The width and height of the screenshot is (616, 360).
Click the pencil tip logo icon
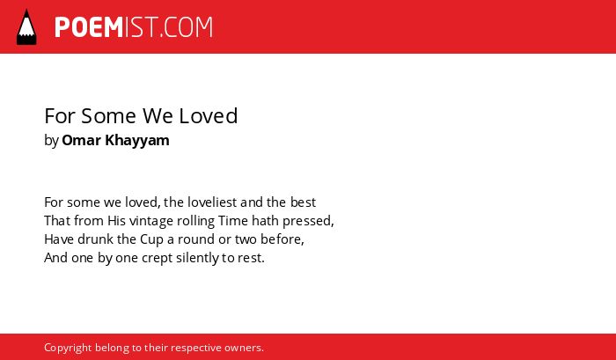pos(26,27)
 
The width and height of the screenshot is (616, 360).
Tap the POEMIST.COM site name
pos(134,27)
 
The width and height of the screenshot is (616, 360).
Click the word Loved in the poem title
pos(209,116)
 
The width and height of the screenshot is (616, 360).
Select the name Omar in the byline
pos(81,140)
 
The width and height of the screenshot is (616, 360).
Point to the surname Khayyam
pos(137,141)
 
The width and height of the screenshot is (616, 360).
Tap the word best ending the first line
pos(303,202)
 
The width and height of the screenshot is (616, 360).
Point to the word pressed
pos(307,222)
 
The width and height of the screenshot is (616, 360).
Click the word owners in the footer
pos(244,349)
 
